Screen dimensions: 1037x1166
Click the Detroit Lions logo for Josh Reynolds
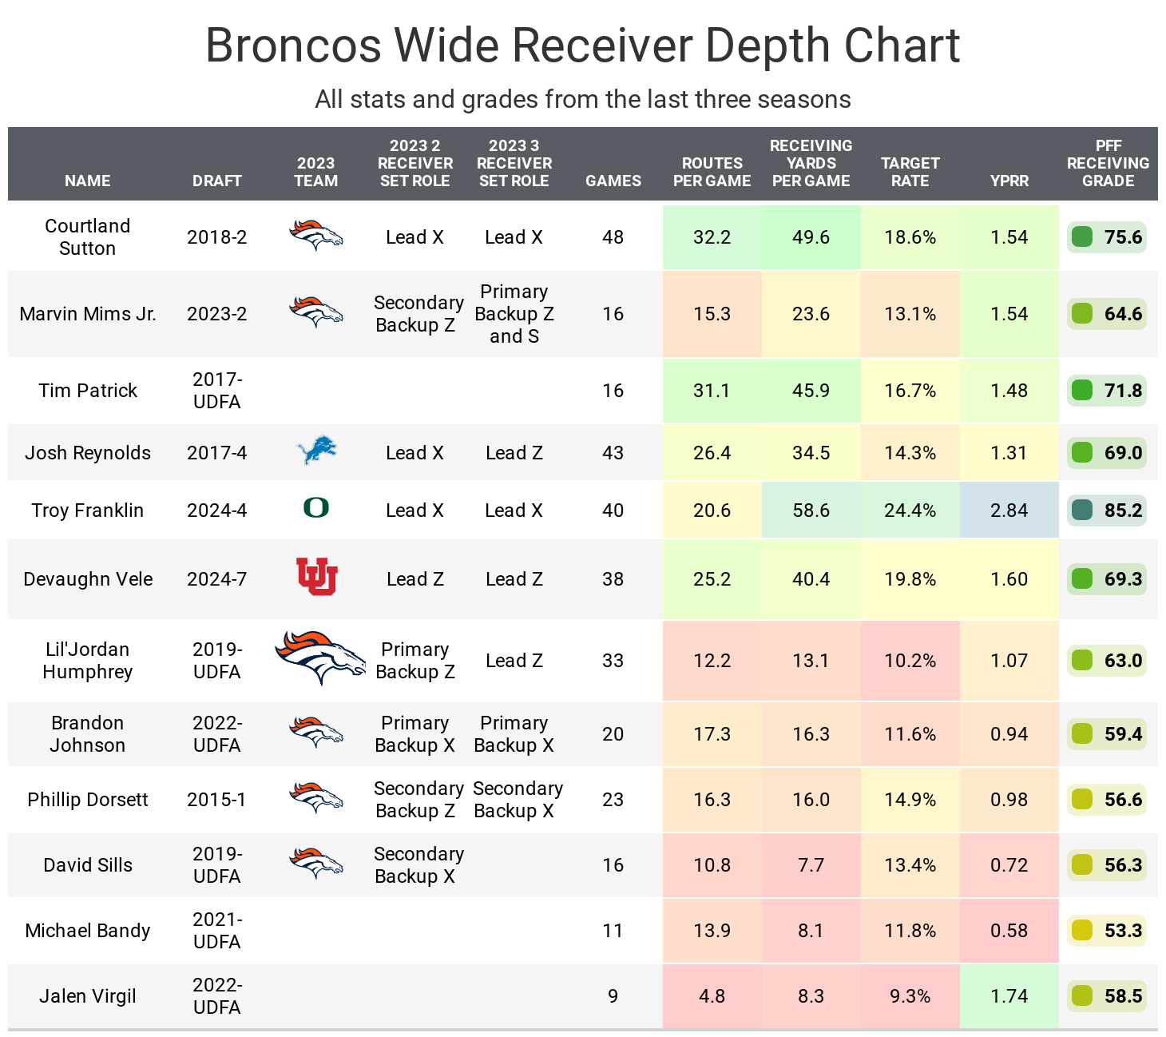(316, 451)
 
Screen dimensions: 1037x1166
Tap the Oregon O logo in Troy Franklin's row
(316, 508)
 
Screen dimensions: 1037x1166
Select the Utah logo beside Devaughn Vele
(316, 577)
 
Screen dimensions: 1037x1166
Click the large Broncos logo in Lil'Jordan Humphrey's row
(320, 657)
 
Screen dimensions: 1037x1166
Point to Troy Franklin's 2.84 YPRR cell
(1009, 511)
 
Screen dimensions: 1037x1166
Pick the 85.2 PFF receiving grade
(1123, 511)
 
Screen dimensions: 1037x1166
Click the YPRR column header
(1009, 181)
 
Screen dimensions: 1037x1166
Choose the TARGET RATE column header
(910, 172)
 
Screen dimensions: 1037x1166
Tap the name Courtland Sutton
(88, 237)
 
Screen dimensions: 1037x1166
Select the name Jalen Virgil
(88, 996)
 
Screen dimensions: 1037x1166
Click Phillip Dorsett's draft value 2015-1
(217, 800)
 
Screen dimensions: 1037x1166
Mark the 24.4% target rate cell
(910, 511)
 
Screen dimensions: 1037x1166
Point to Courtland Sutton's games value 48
(613, 237)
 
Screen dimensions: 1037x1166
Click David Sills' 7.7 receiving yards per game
(811, 865)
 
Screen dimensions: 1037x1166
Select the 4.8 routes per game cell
(712, 996)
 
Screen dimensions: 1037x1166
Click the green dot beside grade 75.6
(1081, 237)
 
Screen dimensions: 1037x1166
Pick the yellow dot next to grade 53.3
(1081, 931)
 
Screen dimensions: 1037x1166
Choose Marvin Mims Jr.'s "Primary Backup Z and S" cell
(514, 314)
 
